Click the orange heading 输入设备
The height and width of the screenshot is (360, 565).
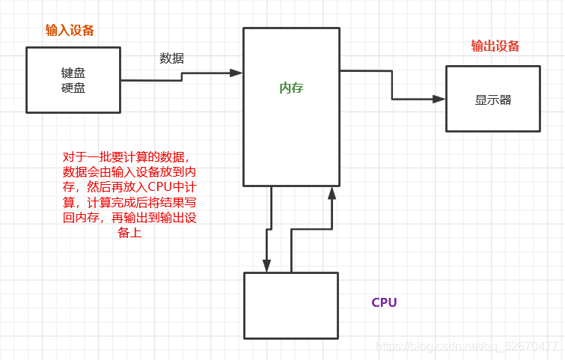pos(70,31)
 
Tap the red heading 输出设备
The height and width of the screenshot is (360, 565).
pos(495,46)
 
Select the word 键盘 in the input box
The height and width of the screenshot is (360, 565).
pos(73,73)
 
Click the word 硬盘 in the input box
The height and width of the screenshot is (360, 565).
pos(73,88)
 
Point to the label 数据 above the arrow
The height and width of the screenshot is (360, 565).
pos(171,58)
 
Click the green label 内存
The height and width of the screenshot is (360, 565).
pos(291,88)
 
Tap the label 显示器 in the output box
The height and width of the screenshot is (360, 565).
pos(492,100)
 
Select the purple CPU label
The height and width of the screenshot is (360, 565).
pos(384,302)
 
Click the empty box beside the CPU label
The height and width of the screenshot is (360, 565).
pos(291,305)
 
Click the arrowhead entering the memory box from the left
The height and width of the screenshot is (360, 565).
pos(236,73)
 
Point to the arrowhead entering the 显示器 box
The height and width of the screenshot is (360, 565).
pos(439,98)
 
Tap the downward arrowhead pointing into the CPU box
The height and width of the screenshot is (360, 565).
pos(266,265)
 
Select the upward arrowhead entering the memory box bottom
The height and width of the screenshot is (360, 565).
pos(332,193)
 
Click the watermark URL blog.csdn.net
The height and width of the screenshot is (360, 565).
pos(466,347)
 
